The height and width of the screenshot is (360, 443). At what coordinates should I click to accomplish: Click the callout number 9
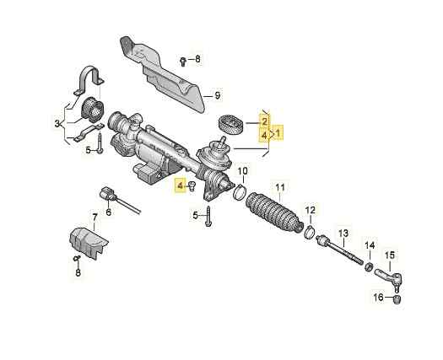[x=217, y=96]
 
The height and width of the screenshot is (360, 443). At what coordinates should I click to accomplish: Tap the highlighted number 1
[x=278, y=132]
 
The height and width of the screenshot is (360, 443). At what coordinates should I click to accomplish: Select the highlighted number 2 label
[x=264, y=121]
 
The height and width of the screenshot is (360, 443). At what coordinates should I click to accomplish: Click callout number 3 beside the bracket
[x=57, y=123]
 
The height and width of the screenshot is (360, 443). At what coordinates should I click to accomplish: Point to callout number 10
[x=242, y=171]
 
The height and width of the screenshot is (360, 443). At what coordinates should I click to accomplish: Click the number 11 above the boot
[x=280, y=187]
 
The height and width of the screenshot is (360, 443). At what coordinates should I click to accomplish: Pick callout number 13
[x=343, y=234]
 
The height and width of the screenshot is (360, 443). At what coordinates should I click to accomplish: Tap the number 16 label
[x=379, y=297]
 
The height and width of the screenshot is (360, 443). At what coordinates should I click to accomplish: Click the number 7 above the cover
[x=95, y=218]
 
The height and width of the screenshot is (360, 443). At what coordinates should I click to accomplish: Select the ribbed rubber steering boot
[x=273, y=212]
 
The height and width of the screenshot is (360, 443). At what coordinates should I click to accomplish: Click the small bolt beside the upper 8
[x=183, y=61]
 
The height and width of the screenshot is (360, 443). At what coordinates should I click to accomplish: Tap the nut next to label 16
[x=397, y=299]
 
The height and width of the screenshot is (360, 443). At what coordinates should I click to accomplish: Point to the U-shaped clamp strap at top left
[x=89, y=80]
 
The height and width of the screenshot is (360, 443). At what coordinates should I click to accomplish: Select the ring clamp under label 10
[x=240, y=191]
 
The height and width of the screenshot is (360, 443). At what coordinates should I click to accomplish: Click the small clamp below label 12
[x=310, y=232]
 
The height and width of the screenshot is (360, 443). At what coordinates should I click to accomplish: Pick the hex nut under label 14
[x=369, y=266]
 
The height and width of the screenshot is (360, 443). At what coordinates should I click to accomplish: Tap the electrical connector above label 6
[x=107, y=194]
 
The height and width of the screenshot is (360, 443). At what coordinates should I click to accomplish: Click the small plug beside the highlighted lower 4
[x=192, y=186]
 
